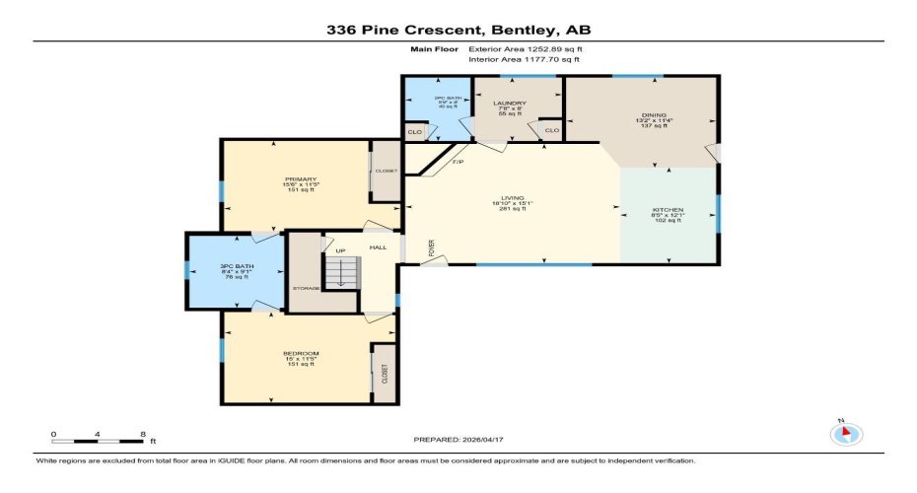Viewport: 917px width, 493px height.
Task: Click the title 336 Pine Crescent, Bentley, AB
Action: [458, 30]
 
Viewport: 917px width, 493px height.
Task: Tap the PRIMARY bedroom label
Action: [301, 178]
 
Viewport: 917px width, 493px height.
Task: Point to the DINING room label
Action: [640, 114]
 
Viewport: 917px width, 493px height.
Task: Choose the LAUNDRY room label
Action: [510, 103]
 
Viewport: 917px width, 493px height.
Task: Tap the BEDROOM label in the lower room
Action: [301, 353]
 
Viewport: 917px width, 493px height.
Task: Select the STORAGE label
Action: [305, 288]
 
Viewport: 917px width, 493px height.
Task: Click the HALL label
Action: [379, 247]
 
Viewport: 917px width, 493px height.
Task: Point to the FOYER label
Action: [432, 250]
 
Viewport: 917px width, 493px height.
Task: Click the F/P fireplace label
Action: [458, 162]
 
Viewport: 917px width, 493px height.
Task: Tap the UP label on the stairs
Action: [341, 250]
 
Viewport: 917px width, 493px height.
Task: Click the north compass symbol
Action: [847, 433]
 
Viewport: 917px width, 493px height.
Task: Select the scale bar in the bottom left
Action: [99, 437]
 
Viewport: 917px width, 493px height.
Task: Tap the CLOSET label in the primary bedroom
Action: [386, 171]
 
